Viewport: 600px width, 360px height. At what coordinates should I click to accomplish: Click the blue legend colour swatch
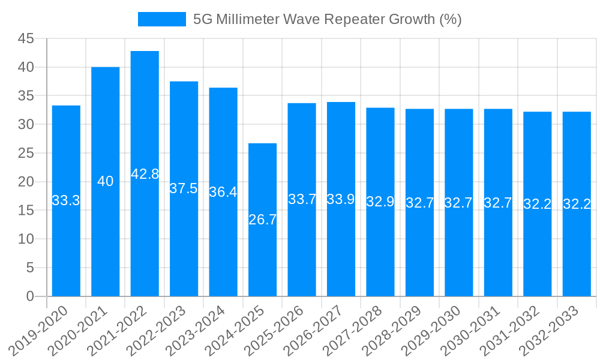pos(162,19)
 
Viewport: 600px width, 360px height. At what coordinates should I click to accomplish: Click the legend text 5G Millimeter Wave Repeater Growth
pos(327,19)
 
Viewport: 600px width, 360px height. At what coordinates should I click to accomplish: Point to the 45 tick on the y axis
pos(26,39)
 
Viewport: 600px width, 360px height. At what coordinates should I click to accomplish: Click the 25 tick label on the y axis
pos(26,153)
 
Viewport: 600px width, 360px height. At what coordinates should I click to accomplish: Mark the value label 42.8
pos(145,174)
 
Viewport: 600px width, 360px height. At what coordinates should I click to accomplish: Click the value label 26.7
pos(262,220)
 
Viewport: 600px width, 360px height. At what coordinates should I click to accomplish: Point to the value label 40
pos(105,181)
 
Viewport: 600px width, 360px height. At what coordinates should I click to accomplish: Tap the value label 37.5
pos(184,188)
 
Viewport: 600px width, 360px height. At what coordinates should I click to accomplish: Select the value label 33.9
pos(341,199)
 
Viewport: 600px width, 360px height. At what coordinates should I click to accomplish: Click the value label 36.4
pos(223,192)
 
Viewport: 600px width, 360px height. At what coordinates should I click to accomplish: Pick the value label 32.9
pos(380,202)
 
